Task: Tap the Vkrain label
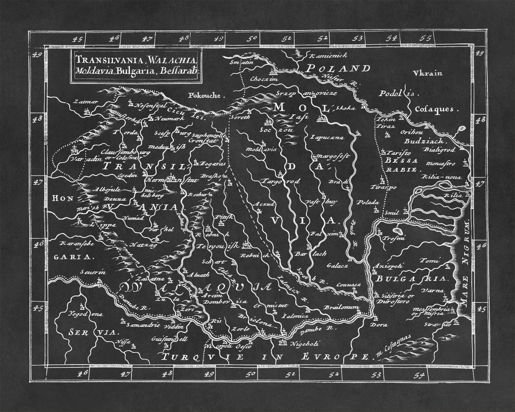click(428, 73)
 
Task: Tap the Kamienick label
click(329, 56)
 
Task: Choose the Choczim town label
click(259, 79)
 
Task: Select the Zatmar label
click(85, 102)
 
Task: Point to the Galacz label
click(337, 266)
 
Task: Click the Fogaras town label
click(213, 164)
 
